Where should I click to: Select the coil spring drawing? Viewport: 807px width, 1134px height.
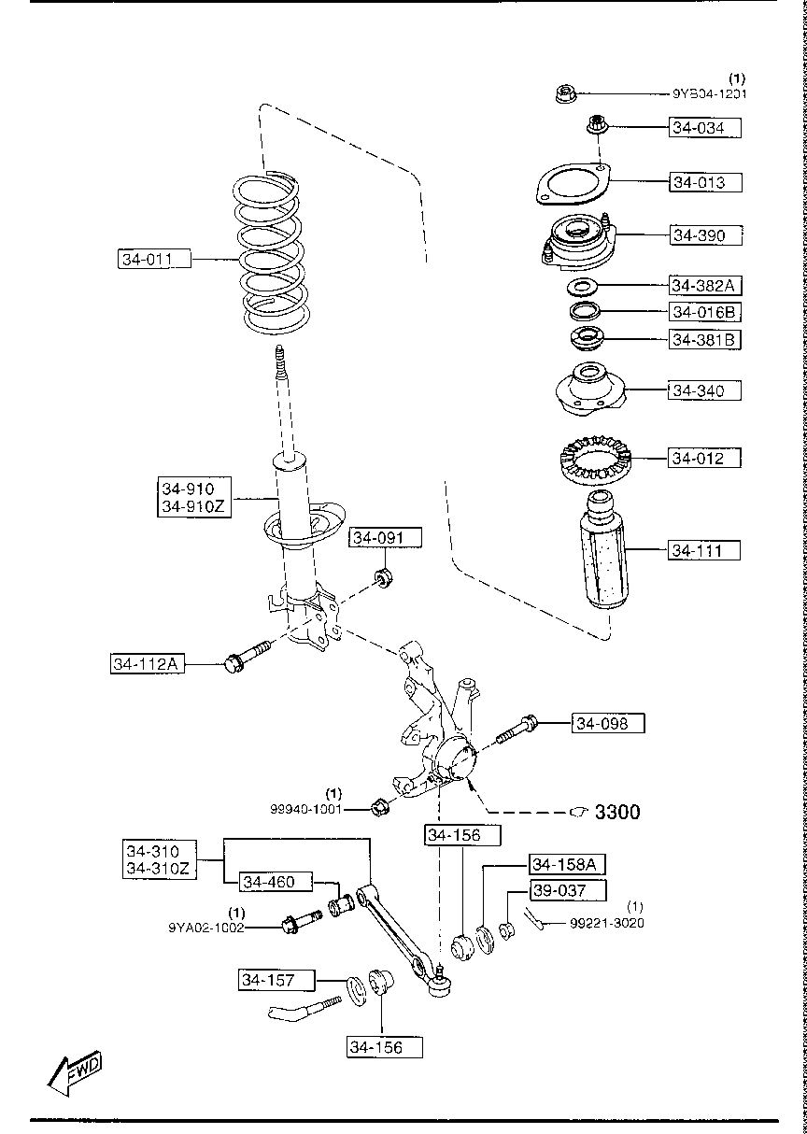point(270,257)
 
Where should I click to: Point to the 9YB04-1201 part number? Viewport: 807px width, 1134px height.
point(709,93)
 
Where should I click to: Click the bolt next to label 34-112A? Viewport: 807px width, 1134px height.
point(246,658)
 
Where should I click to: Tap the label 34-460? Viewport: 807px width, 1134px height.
point(270,882)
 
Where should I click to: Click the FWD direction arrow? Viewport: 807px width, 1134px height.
point(77,1071)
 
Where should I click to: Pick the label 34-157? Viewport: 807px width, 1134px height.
point(268,980)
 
